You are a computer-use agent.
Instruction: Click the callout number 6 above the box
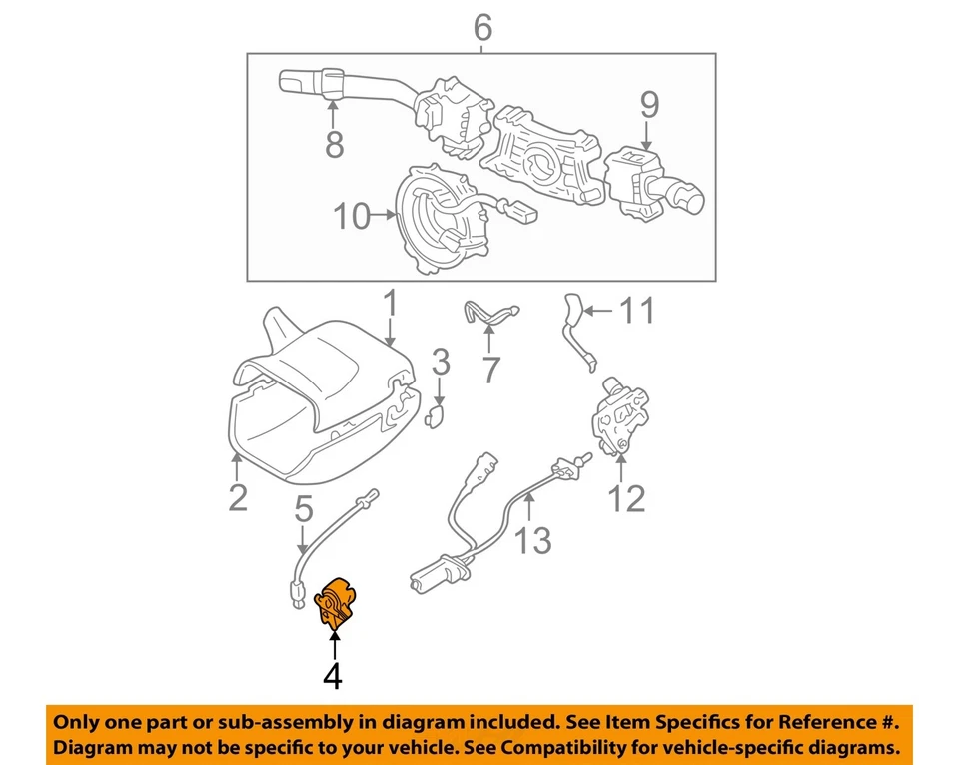pyautogui.click(x=482, y=27)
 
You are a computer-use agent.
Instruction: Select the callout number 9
pyautogui.click(x=649, y=104)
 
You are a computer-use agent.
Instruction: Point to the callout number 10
pyautogui.click(x=352, y=216)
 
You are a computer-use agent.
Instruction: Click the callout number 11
pyautogui.click(x=635, y=312)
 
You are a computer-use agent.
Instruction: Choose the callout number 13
pyautogui.click(x=532, y=541)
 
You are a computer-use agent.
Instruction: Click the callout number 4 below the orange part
pyautogui.click(x=333, y=677)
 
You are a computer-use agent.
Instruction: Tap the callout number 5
pyautogui.click(x=304, y=512)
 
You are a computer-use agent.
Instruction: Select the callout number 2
pyautogui.click(x=237, y=496)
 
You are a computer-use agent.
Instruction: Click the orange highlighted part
pyautogui.click(x=336, y=602)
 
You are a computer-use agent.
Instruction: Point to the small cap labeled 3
pyautogui.click(x=436, y=415)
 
